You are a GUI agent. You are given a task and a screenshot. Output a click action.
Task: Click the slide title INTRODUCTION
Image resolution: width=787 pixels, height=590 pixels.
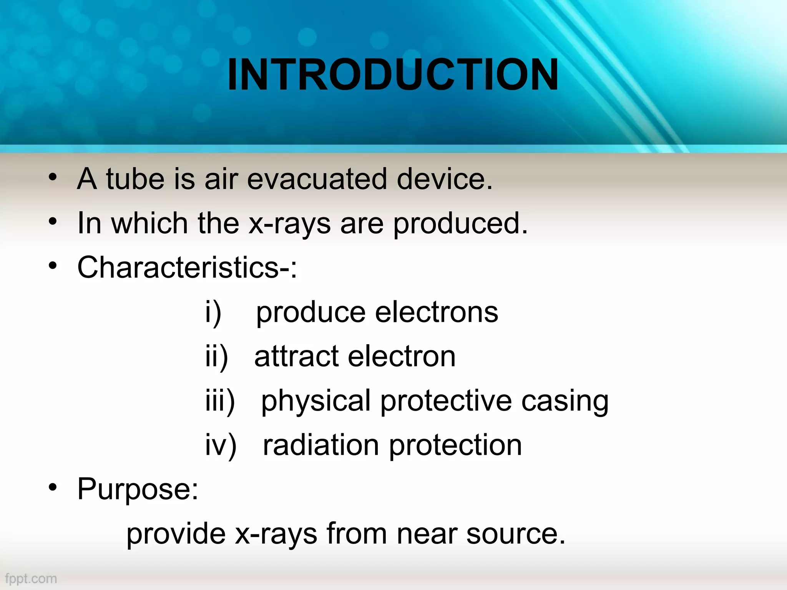click(393, 75)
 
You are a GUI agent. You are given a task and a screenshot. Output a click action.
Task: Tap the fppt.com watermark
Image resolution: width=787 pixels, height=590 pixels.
click(31, 578)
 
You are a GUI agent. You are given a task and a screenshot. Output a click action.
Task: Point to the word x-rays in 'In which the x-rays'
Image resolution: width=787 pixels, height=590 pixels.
click(289, 224)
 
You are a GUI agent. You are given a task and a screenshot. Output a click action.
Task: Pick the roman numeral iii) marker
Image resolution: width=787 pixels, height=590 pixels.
click(220, 401)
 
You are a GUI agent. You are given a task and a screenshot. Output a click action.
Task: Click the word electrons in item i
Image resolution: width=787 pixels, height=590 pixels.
click(437, 312)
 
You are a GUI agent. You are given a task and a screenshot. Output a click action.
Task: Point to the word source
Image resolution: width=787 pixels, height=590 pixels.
click(516, 534)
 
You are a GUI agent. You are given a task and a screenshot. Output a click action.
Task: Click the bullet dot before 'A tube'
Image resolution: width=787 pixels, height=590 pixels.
click(53, 177)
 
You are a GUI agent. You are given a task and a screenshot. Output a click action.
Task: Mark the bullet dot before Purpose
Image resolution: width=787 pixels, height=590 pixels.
click(53, 487)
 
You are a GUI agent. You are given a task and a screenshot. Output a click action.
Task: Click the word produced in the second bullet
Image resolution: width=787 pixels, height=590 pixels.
click(460, 224)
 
